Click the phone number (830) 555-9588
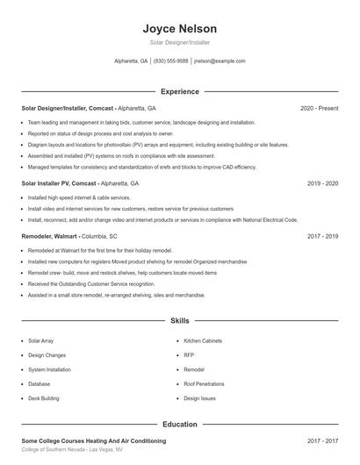pyautogui.click(x=171, y=61)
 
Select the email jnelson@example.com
pyautogui.click(x=220, y=61)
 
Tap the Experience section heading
pyautogui.click(x=179, y=91)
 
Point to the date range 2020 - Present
pyautogui.click(x=319, y=108)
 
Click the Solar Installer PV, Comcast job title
pyautogui.click(x=60, y=183)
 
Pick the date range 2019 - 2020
pyautogui.click(x=322, y=183)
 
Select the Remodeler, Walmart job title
pyautogui.click(x=49, y=236)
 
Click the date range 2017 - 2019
pyautogui.click(x=322, y=236)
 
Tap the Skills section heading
pyautogui.click(x=179, y=321)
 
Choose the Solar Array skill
pyautogui.click(x=40, y=340)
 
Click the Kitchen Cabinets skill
pyautogui.click(x=203, y=340)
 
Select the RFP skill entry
pyautogui.click(x=189, y=354)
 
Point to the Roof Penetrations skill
pyautogui.click(x=204, y=383)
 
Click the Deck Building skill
pyautogui.click(x=44, y=398)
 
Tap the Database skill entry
pyautogui.click(x=39, y=383)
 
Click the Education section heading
pyautogui.click(x=179, y=424)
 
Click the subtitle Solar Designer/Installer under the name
pyautogui.click(x=179, y=42)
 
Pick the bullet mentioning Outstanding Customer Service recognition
pyautogui.click(x=91, y=284)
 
